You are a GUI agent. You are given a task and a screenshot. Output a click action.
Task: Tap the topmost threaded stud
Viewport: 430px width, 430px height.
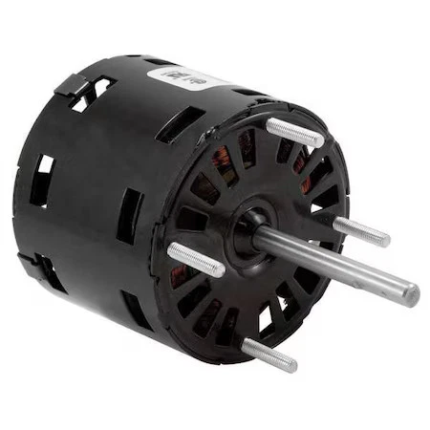coord(294,132)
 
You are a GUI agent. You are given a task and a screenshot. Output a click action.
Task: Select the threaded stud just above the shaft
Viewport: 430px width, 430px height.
coord(360,229)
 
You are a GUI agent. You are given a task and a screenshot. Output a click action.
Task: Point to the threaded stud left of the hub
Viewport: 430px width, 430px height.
coord(196,259)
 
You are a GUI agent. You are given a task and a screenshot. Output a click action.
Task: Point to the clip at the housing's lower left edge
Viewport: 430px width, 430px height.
coord(34,261)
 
